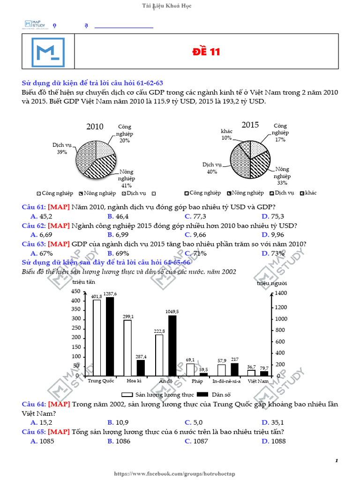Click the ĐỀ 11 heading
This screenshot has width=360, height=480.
[206, 52]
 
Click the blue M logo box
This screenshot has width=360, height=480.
[48, 52]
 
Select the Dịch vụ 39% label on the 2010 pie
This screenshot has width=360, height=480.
[62, 149]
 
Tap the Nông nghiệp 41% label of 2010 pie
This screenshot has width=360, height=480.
[127, 178]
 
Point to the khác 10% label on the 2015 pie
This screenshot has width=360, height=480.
[227, 135]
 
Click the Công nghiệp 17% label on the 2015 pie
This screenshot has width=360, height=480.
[280, 133]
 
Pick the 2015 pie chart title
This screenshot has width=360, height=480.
[250, 125]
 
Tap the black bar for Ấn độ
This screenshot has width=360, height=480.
[172, 345]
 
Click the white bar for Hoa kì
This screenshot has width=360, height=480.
[127, 348]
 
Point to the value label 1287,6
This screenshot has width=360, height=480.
[110, 293]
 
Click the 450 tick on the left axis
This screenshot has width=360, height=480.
[75, 292]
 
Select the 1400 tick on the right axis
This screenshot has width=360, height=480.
[280, 293]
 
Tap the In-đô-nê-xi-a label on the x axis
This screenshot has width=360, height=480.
[226, 381]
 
